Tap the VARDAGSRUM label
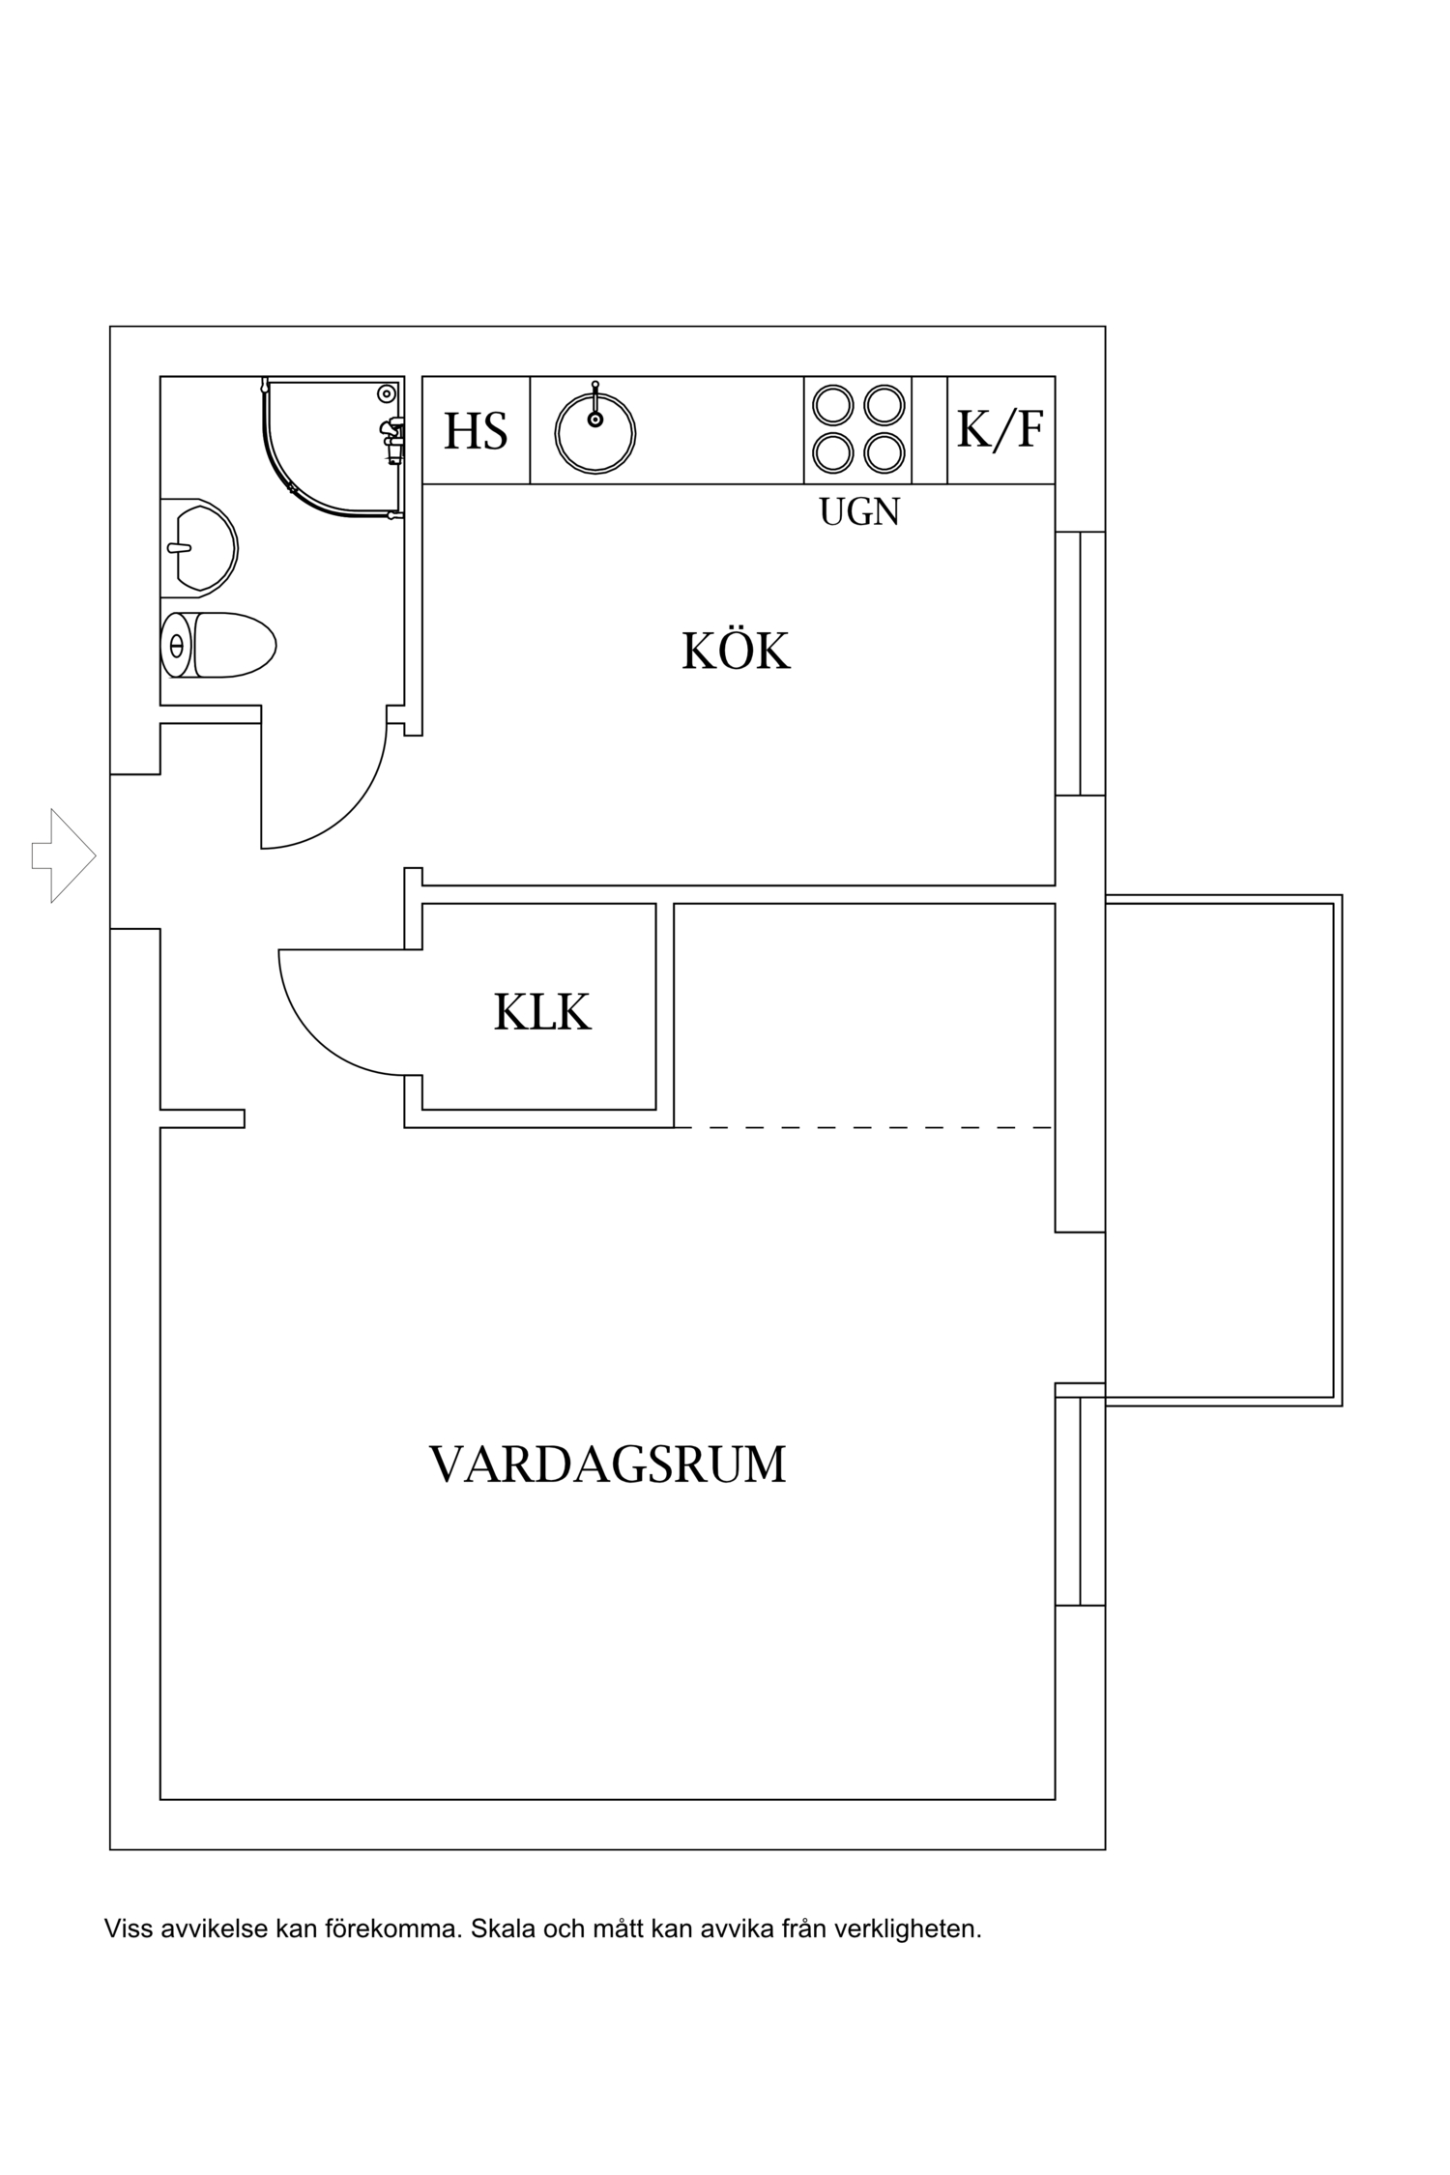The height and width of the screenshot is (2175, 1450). (607, 1464)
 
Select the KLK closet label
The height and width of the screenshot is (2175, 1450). (541, 1013)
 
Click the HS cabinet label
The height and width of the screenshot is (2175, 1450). (476, 431)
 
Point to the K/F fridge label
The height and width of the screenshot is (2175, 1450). (1000, 429)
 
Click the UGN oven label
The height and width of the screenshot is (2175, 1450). (859, 512)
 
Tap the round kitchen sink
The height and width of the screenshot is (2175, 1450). (594, 434)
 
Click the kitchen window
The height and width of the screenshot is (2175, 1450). (1080, 663)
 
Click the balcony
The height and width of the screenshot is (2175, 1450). (1222, 1150)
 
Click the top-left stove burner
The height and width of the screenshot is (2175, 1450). (830, 405)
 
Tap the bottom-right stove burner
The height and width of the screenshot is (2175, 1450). (884, 451)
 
